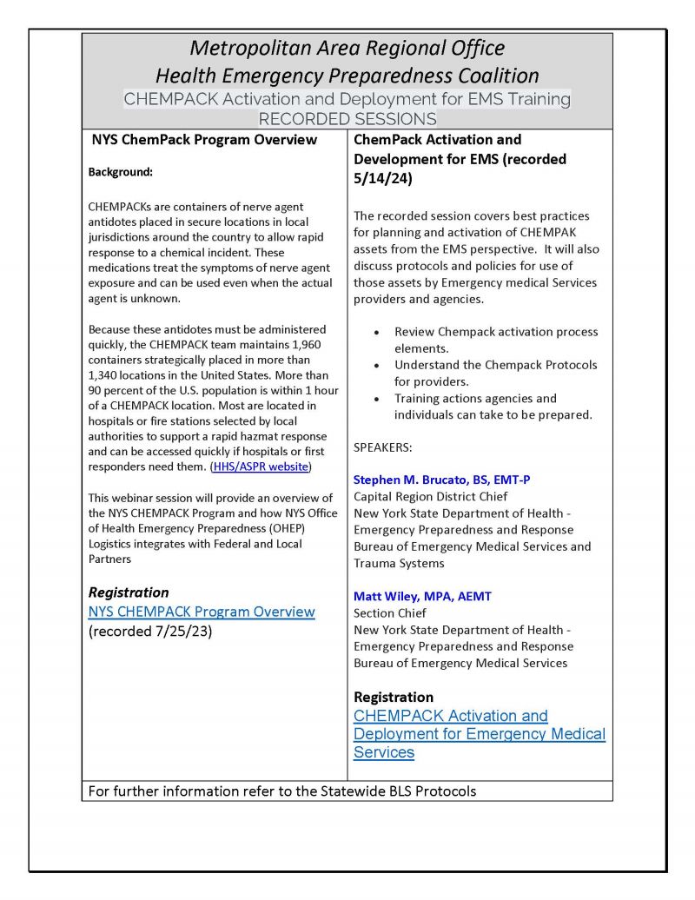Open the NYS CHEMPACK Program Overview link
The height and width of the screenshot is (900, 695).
[x=202, y=612]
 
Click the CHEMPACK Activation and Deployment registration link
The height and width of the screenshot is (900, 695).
[x=479, y=734]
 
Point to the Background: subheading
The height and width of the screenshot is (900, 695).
[x=120, y=172]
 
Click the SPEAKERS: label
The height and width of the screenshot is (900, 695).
[x=383, y=447]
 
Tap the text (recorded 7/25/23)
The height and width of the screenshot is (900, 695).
[x=150, y=632]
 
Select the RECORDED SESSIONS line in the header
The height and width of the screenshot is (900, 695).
[x=347, y=118]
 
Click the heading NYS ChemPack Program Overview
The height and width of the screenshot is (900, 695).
[x=204, y=140]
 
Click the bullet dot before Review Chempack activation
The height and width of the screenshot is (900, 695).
[x=375, y=333]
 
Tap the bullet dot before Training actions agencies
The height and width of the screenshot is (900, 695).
[x=375, y=399]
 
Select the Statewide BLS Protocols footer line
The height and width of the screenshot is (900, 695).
[x=282, y=791]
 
